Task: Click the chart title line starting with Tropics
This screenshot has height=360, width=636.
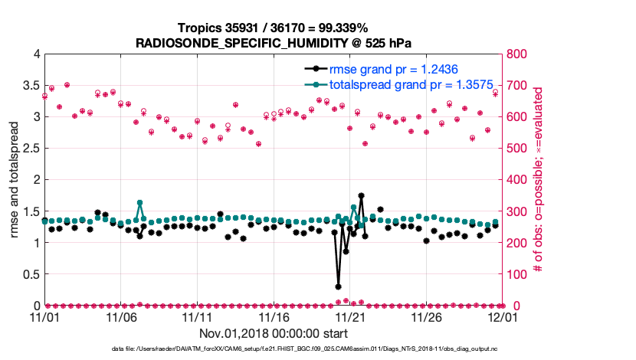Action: click(x=274, y=28)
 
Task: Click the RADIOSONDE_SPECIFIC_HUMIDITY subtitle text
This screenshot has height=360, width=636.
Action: click(x=274, y=43)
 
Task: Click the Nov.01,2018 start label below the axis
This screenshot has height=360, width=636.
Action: click(x=274, y=333)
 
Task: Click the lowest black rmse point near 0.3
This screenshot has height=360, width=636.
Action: click(x=339, y=286)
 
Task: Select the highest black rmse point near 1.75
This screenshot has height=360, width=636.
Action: click(x=361, y=196)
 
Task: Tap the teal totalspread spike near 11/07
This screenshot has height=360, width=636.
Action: click(x=140, y=203)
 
